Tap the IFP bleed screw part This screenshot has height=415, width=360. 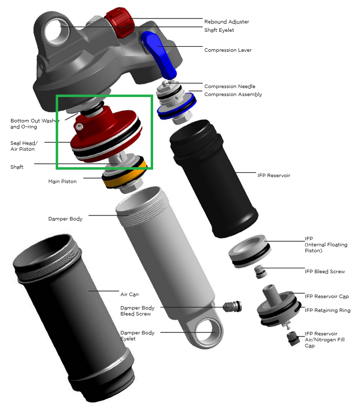259,272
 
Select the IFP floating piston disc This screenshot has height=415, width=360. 251,252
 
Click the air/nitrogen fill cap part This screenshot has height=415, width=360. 293,340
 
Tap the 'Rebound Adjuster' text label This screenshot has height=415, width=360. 226,22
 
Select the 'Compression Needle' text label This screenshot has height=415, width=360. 230,87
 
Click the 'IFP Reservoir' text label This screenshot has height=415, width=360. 273,176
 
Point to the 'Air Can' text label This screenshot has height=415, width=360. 129,295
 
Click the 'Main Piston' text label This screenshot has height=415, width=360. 62,182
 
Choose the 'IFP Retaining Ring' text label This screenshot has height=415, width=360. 327,311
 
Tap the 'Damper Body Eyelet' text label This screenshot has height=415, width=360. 137,336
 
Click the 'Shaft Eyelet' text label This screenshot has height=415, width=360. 219,30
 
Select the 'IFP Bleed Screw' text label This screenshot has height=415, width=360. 324,272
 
